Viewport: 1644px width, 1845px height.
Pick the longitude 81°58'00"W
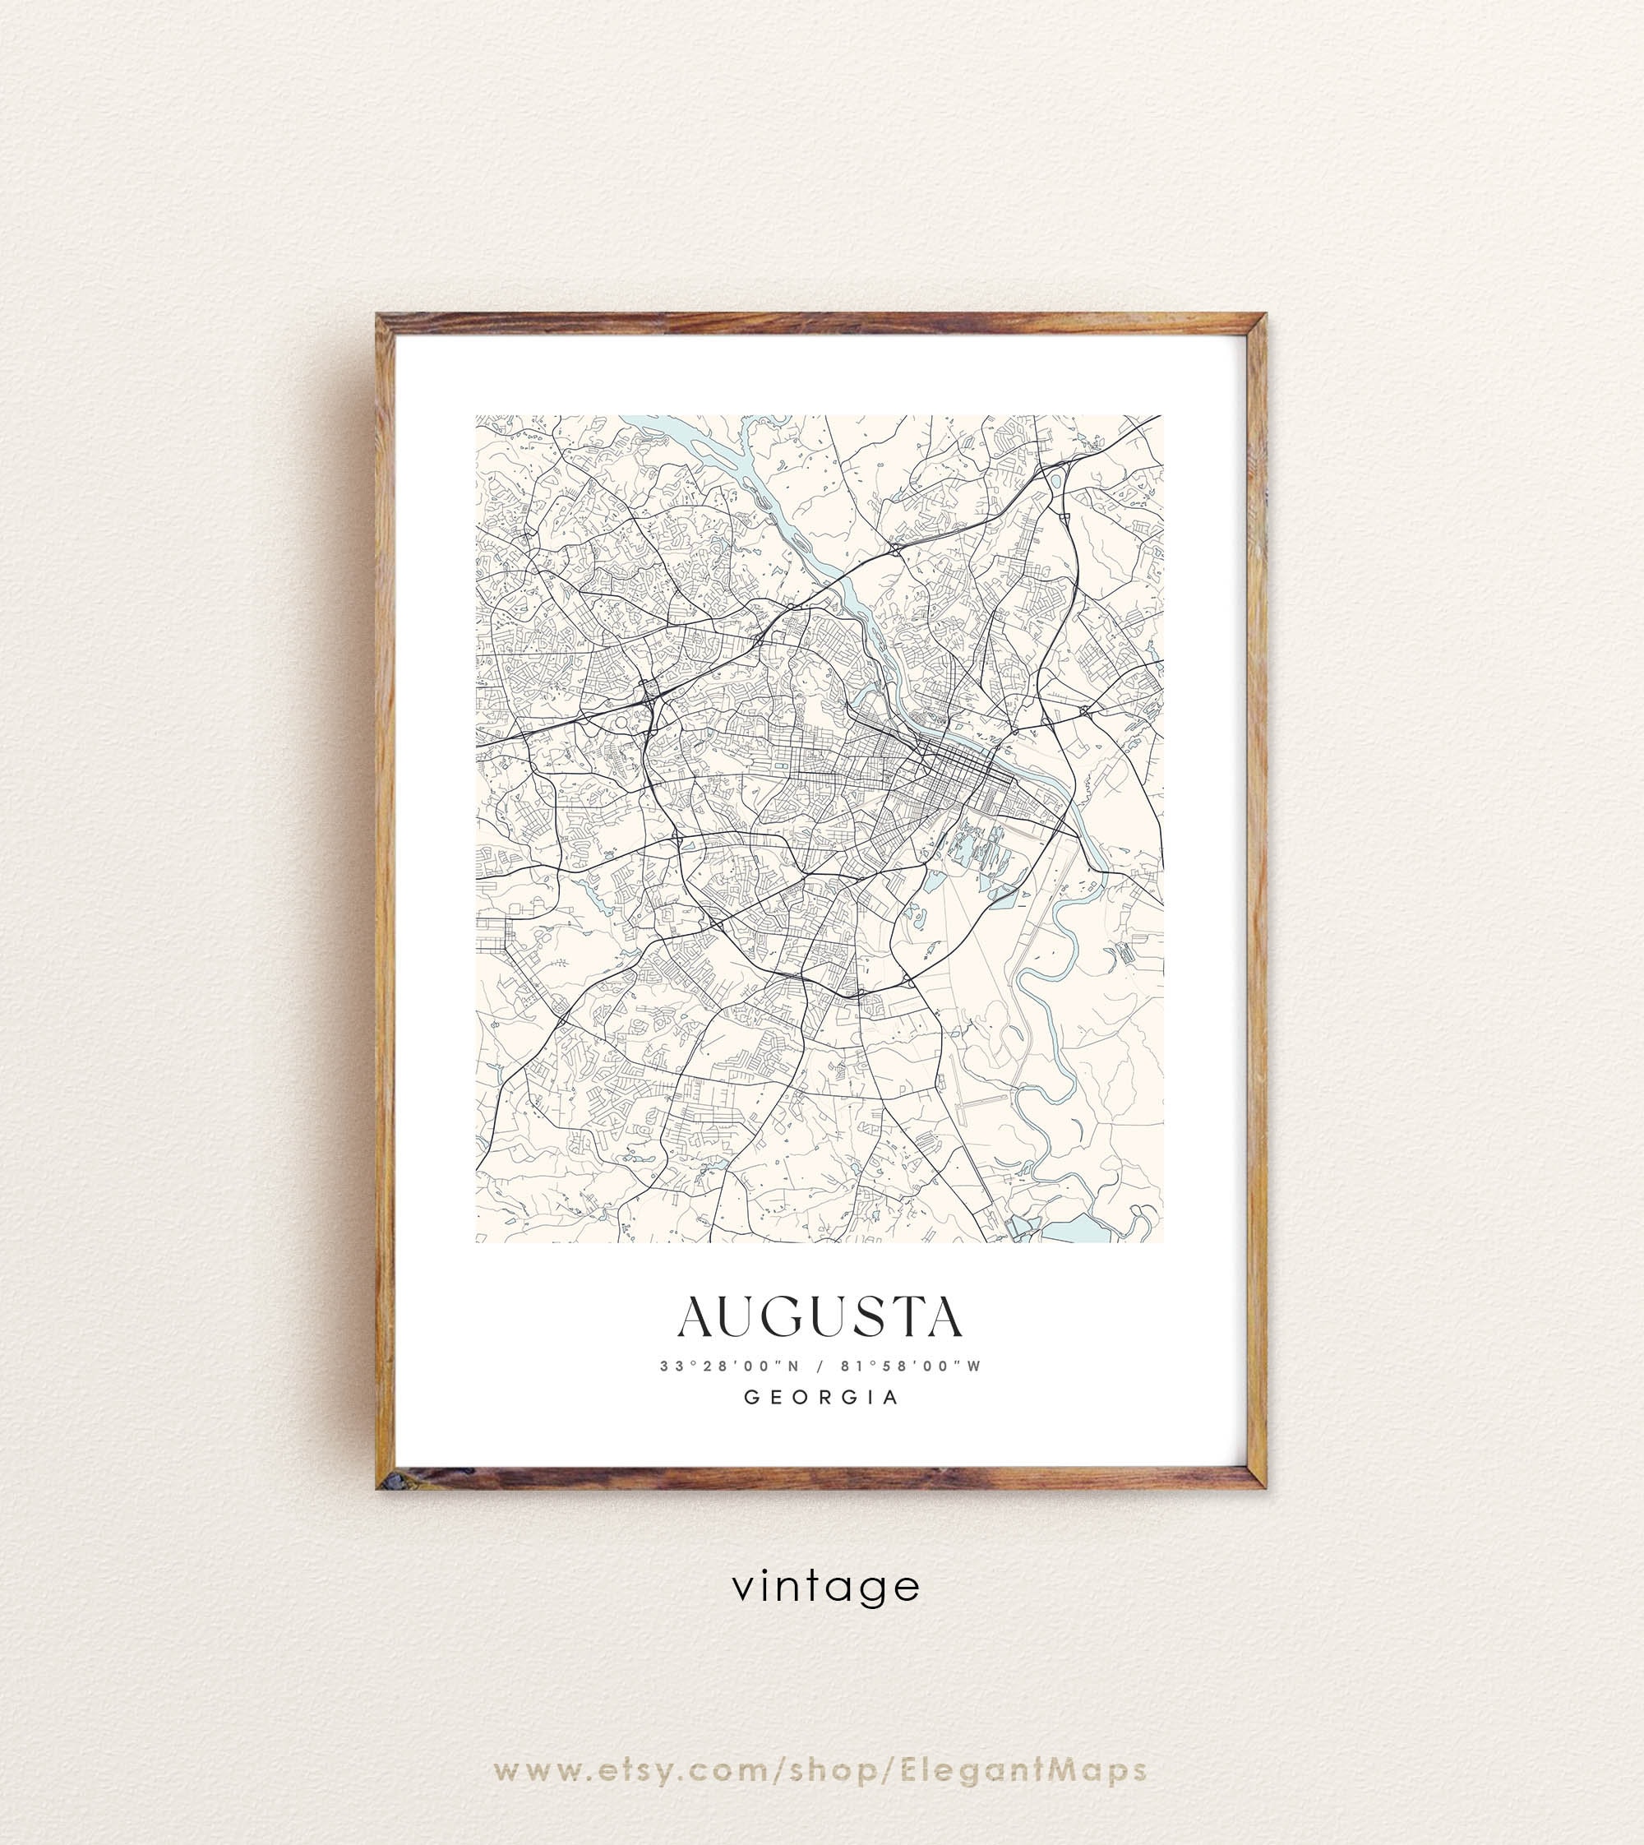[x=911, y=1366]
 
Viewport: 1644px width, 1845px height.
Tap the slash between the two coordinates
[x=818, y=1366]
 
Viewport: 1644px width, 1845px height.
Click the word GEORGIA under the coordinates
[x=821, y=1397]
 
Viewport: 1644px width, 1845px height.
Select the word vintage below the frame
[x=825, y=1586]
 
